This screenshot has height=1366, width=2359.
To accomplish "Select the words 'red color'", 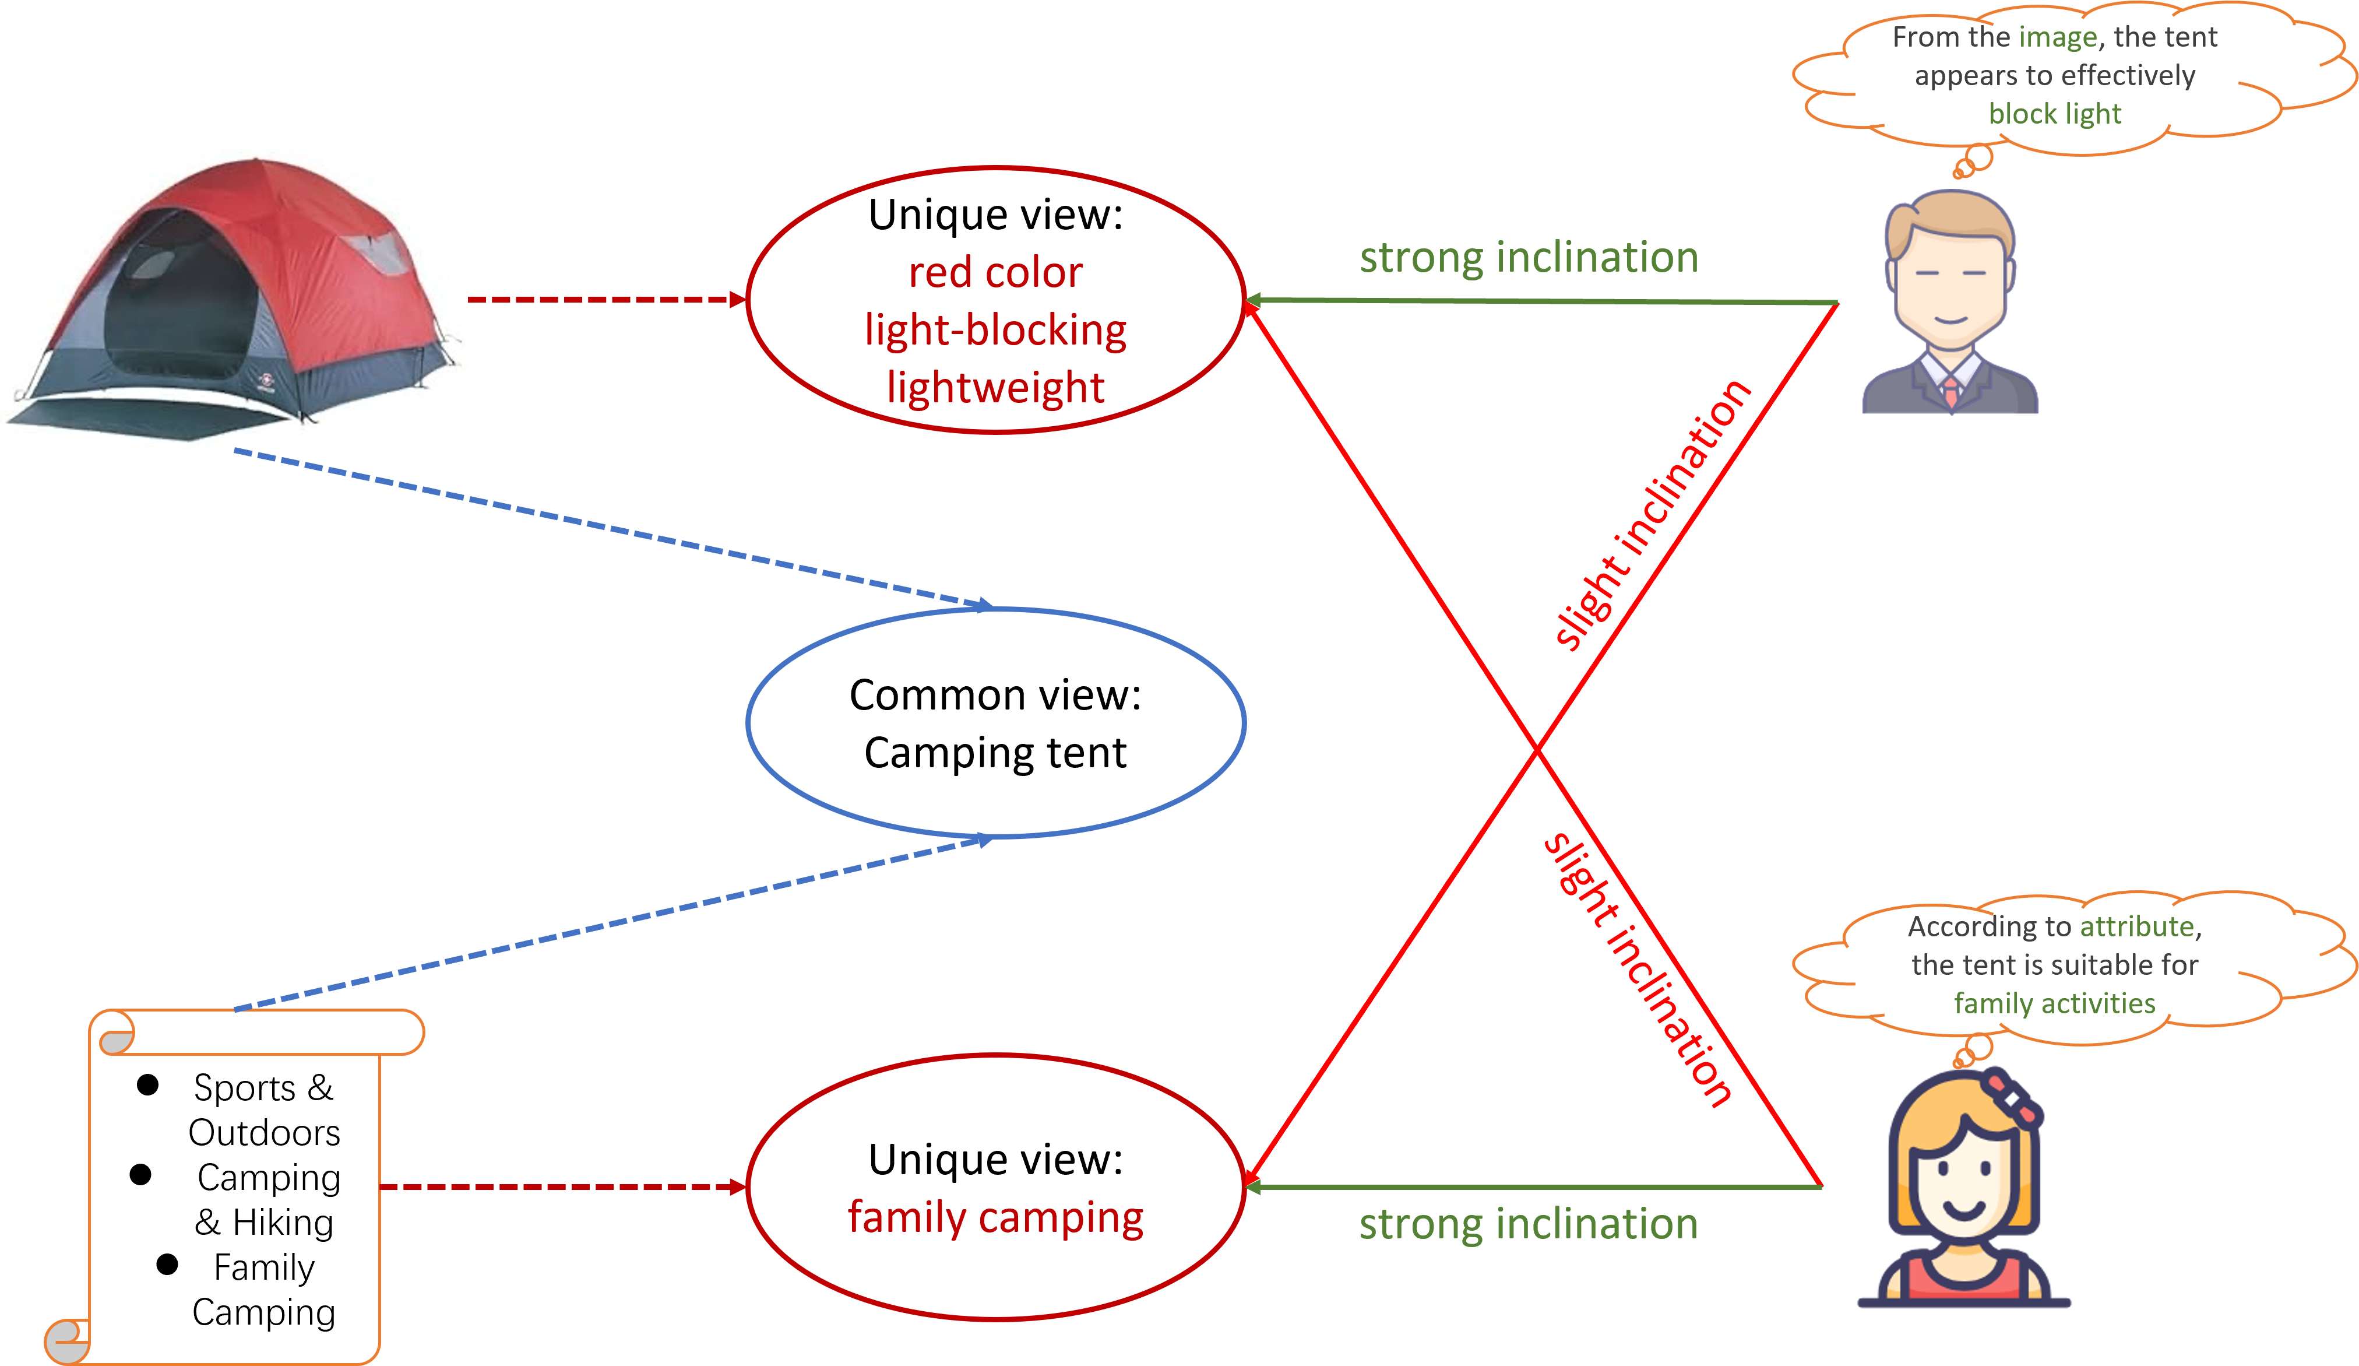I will (995, 272).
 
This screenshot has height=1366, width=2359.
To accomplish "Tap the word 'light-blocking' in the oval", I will (995, 329).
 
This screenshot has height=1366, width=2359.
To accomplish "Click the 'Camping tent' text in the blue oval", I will (995, 753).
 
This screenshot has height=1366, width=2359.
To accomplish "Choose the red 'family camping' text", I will (995, 1217).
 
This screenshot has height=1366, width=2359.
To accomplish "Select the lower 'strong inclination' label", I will (1529, 1224).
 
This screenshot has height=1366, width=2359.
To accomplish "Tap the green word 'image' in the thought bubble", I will (2058, 37).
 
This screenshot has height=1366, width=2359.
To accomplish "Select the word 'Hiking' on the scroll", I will (283, 1223).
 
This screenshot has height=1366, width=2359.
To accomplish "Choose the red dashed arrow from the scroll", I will (562, 1187).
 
